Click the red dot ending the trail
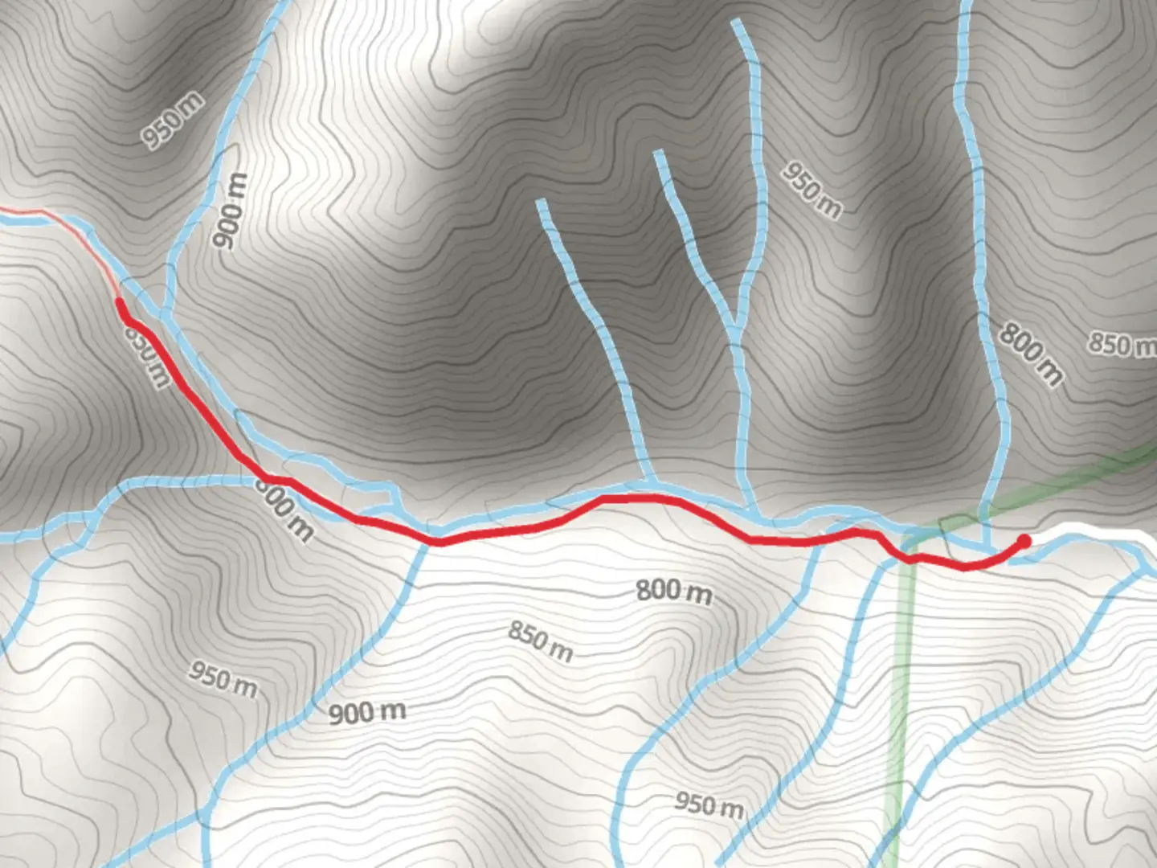point(1024,541)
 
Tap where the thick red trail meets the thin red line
point(120,301)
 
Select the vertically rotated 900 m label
point(231,211)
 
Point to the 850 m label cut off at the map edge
point(1122,344)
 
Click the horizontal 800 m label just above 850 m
point(674,592)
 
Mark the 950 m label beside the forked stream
point(812,190)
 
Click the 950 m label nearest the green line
point(709,805)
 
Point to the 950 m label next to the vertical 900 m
point(173,121)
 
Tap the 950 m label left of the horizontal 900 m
point(223,679)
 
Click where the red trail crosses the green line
point(910,556)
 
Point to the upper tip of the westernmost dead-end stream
point(541,201)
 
